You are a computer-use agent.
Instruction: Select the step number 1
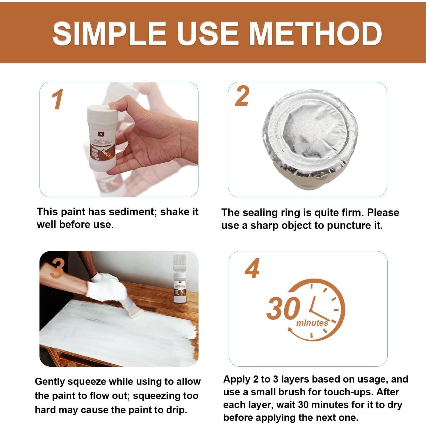tap(58, 100)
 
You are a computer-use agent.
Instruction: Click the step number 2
tap(242, 96)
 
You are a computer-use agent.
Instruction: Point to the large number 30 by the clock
tap(283, 308)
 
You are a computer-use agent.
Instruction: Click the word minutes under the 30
tap(312, 323)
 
